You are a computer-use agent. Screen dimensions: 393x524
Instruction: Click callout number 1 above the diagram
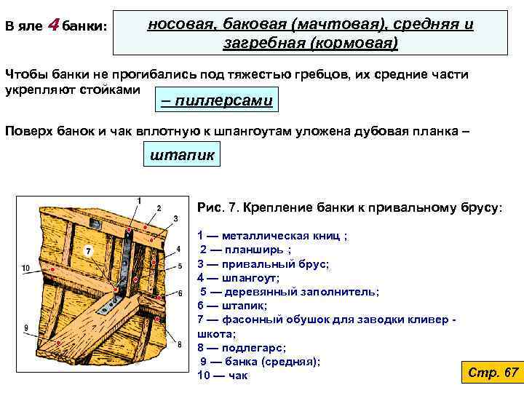pos(139,199)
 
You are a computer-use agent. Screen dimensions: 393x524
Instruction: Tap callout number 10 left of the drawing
pos(25,269)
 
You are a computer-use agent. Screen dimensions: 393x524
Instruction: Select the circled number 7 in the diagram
pos(87,251)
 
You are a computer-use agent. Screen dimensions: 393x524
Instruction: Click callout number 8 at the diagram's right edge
pos(179,344)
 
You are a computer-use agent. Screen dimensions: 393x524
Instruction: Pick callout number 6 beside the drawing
pos(179,293)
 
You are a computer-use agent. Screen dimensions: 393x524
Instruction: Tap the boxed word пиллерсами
pos(216,100)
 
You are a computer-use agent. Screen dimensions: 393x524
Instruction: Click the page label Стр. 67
pos(493,373)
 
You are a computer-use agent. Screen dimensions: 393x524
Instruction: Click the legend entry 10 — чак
pos(223,376)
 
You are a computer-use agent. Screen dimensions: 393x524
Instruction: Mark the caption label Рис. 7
pos(218,207)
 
